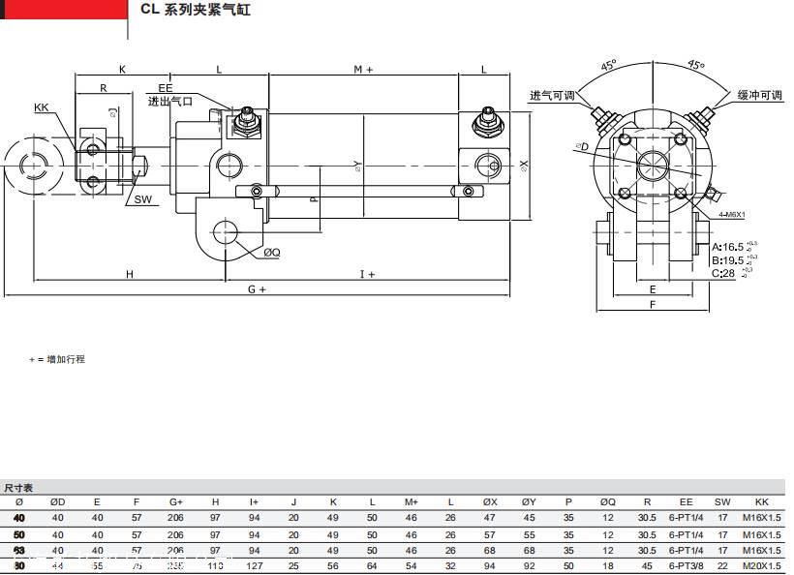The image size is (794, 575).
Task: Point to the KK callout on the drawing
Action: (42, 107)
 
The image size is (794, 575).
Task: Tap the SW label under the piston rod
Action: (143, 199)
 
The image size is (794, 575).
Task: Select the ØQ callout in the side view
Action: (272, 253)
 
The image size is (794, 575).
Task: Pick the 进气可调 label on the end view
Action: (552, 96)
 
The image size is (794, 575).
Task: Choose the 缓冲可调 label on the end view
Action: (759, 96)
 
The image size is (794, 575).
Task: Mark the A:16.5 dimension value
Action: (728, 247)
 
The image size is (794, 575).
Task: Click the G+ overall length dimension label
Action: (257, 288)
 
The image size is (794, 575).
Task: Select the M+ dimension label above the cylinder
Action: (363, 70)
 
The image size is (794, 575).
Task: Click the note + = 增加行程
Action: (57, 359)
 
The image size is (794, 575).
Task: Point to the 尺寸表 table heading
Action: (18, 488)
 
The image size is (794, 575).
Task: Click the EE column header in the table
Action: (686, 501)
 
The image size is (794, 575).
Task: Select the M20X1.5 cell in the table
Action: (761, 565)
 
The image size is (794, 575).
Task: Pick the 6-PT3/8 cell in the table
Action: (686, 565)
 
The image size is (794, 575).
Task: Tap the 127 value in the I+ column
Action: (254, 565)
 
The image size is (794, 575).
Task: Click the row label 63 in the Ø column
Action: (18, 550)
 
